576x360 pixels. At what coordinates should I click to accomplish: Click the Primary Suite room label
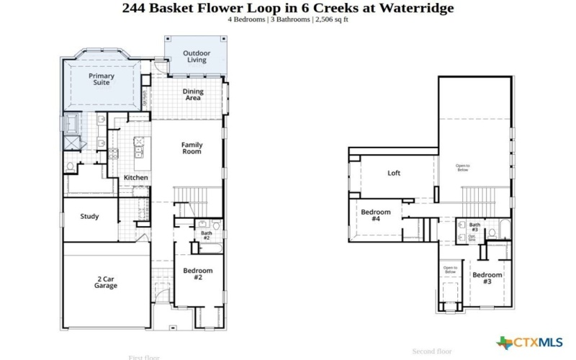pos(101,79)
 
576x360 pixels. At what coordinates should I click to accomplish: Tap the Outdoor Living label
pos(197,56)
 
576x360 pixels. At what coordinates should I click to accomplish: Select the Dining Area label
pos(192,94)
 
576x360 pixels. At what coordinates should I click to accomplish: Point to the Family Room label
pos(192,148)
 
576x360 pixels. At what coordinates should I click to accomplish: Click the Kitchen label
pos(136,177)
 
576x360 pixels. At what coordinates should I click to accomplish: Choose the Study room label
pos(89,217)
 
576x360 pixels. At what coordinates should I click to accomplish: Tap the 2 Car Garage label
pos(106,282)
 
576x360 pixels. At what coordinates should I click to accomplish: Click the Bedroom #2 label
pos(197,274)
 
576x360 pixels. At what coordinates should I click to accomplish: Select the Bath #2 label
pos(206,235)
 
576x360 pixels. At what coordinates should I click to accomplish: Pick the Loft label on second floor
pos(394,173)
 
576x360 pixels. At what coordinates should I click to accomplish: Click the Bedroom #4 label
pos(375,215)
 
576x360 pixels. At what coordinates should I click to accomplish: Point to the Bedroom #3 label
pos(487,279)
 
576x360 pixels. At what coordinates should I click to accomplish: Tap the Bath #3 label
pos(474,228)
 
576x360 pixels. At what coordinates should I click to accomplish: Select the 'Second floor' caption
pos(431,351)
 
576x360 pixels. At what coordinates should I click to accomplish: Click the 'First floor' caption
pos(144,357)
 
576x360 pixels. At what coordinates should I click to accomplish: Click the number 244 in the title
pos(135,8)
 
